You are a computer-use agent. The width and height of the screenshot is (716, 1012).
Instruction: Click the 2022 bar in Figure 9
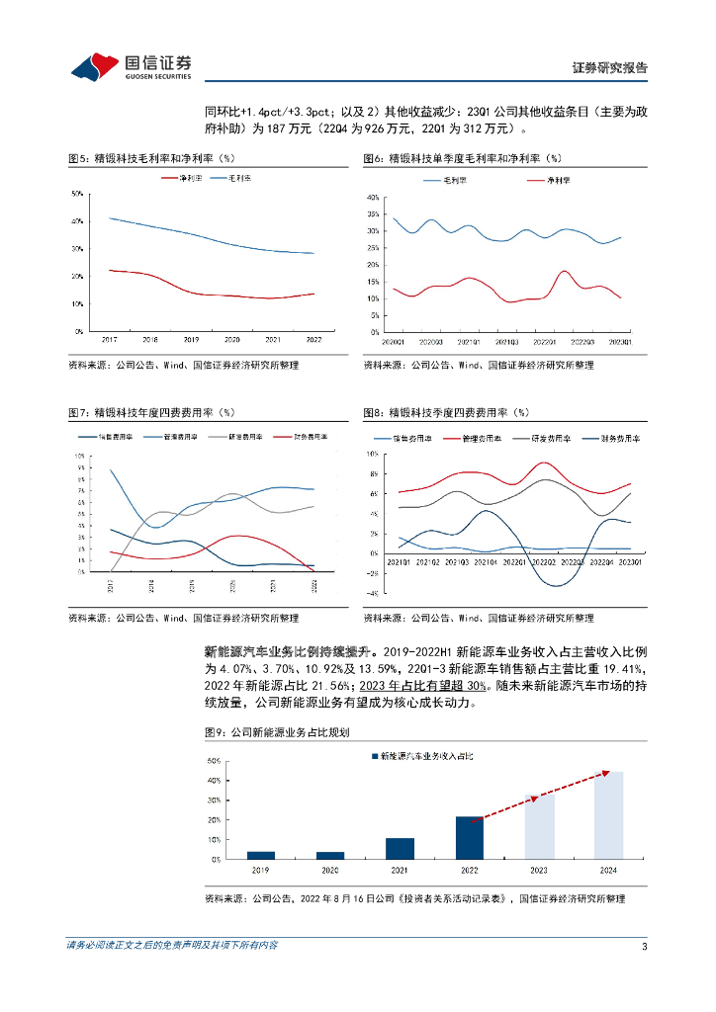[x=469, y=837]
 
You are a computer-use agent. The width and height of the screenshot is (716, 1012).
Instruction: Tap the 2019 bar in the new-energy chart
[x=261, y=855]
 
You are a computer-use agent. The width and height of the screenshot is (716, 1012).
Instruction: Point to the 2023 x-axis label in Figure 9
[x=539, y=871]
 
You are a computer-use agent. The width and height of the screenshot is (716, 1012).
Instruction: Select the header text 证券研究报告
[x=609, y=68]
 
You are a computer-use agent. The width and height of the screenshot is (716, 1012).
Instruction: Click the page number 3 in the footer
[x=644, y=946]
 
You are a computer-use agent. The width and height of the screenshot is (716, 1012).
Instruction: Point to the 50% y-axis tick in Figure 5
[x=76, y=194]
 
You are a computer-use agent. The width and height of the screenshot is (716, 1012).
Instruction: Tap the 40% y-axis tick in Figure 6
[x=373, y=198]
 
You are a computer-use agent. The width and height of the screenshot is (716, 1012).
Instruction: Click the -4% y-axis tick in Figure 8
[x=374, y=593]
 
